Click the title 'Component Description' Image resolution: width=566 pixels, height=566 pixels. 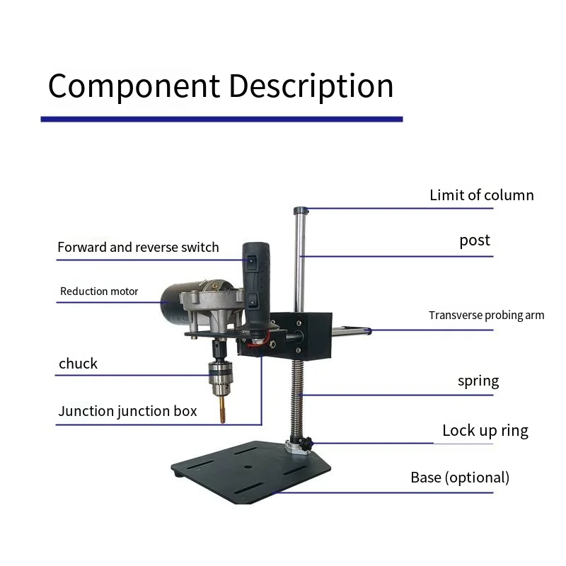221,86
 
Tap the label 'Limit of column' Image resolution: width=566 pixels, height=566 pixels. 481,195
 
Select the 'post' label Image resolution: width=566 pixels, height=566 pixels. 474,241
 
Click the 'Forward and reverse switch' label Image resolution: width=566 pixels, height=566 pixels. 138,248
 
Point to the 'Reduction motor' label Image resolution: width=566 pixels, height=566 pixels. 99,291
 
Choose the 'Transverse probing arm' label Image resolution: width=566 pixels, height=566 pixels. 486,316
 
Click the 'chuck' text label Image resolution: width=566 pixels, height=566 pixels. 78,364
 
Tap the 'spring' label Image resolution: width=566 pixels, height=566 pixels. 478,381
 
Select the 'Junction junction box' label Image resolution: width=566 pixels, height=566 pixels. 127,411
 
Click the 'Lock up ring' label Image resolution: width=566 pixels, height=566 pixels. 485,430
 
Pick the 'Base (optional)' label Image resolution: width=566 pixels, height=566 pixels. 460,478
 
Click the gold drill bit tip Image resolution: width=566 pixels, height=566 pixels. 221,414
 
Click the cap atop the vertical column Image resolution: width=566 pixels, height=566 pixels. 301,210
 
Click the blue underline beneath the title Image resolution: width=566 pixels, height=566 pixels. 221,120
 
